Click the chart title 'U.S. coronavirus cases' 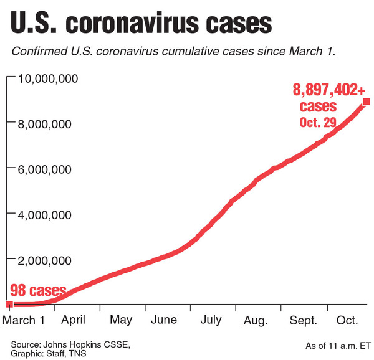point(141,24)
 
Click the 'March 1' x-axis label point(24,320)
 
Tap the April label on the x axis point(73,320)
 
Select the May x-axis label point(120,320)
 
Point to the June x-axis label point(164,320)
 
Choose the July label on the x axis point(211,320)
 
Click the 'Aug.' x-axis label point(256,320)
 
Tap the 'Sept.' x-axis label point(303,320)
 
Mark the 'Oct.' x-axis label point(347,320)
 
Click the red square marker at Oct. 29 point(367,102)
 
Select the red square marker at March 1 point(9,305)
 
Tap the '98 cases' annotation point(38,291)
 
